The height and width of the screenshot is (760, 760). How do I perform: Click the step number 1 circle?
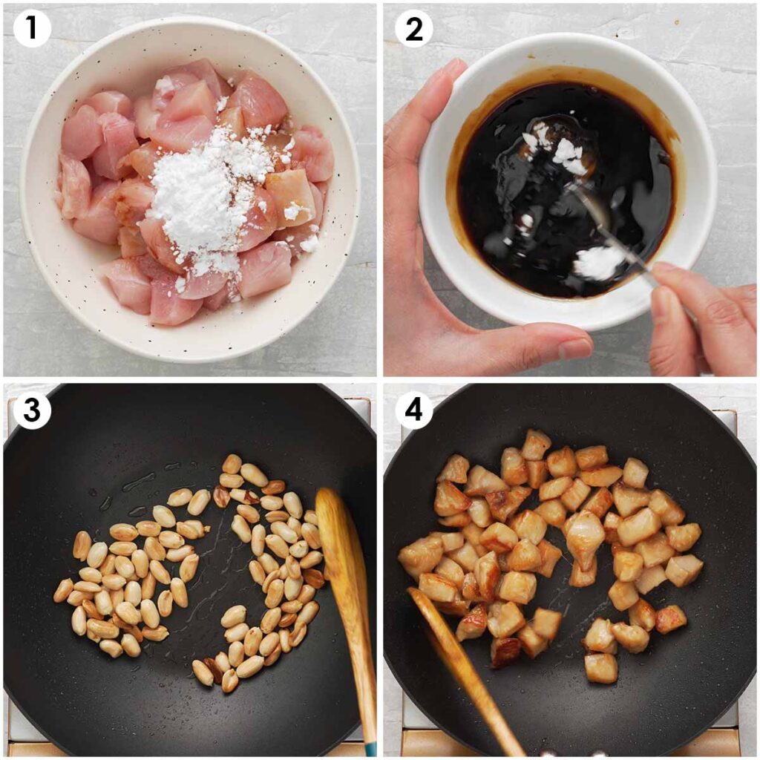[32, 30]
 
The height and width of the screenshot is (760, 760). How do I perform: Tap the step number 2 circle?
[413, 30]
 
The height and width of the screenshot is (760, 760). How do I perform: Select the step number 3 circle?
[32, 410]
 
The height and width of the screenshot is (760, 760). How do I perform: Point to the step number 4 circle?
[413, 410]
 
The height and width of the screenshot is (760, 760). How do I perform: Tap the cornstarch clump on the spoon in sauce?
[598, 262]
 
